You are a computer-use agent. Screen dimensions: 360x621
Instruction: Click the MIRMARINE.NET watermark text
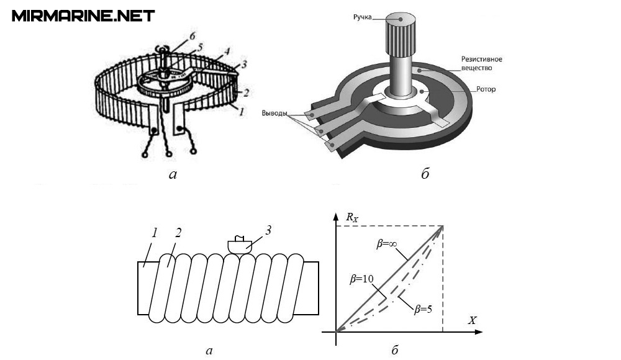coord(83,16)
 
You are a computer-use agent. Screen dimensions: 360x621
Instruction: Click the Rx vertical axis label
coord(351,217)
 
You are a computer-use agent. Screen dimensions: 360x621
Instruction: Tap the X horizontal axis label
coord(472,320)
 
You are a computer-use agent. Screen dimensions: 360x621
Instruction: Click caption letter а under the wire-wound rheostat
coord(173,174)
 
